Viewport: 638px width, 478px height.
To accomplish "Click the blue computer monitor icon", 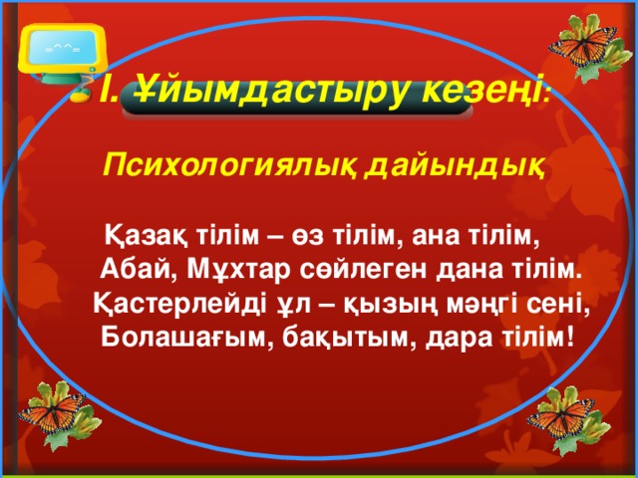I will click(x=62, y=44).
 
